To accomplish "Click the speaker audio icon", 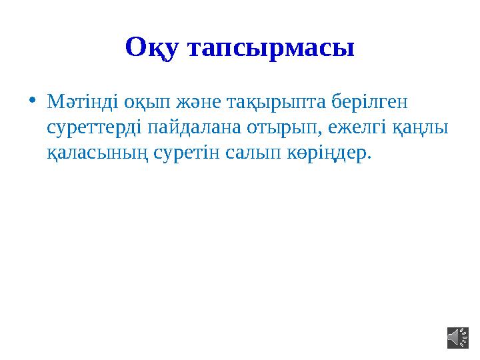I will coord(457,338).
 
